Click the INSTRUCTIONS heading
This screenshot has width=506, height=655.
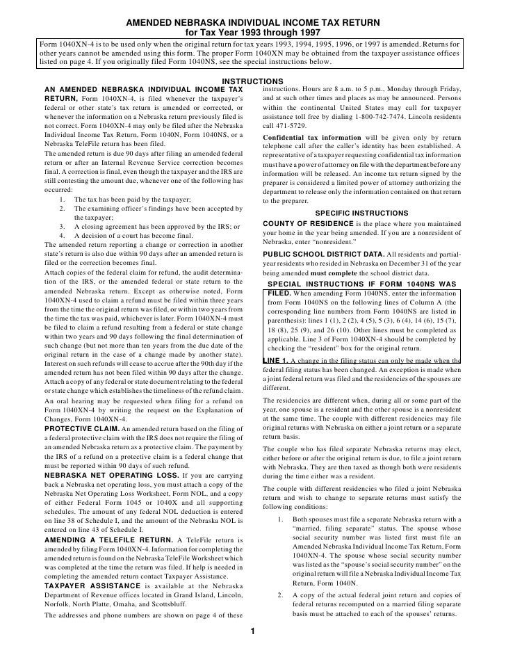click(x=252, y=82)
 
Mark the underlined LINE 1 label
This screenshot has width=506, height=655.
click(x=276, y=361)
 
